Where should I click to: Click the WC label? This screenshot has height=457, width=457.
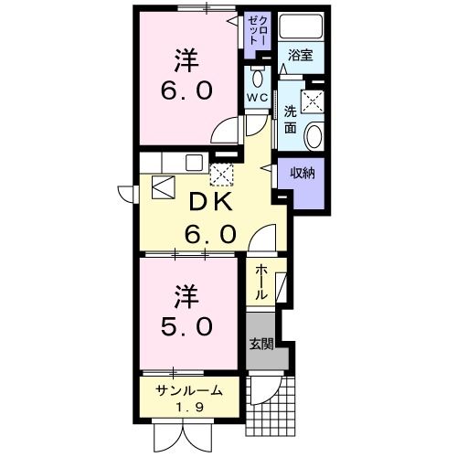coord(256,97)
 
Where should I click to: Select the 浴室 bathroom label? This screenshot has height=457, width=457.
coord(301,54)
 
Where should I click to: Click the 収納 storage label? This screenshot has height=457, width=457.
coord(303,172)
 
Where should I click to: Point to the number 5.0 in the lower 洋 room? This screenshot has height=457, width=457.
coord(189,325)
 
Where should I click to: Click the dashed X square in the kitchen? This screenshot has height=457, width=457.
coord(221,175)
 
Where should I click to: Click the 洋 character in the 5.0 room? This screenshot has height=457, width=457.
coord(187,296)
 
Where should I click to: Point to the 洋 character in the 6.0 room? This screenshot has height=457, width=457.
coord(189,60)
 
